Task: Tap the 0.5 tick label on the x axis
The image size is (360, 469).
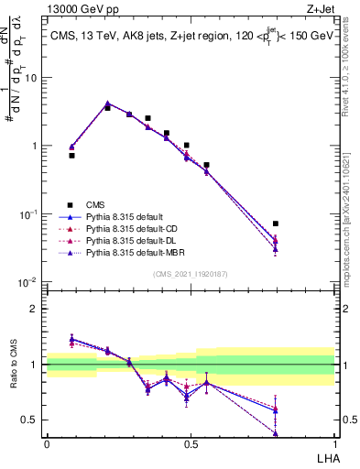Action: pyautogui.click(x=191, y=443)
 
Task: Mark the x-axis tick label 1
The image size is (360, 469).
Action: pyautogui.click(x=334, y=443)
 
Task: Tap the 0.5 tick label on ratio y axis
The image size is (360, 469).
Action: pyautogui.click(x=33, y=420)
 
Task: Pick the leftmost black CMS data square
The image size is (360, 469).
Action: pyautogui.click(x=71, y=156)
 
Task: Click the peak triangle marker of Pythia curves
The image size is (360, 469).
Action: pyautogui.click(x=107, y=104)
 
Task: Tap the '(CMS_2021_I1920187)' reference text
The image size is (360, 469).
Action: pyautogui.click(x=190, y=273)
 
